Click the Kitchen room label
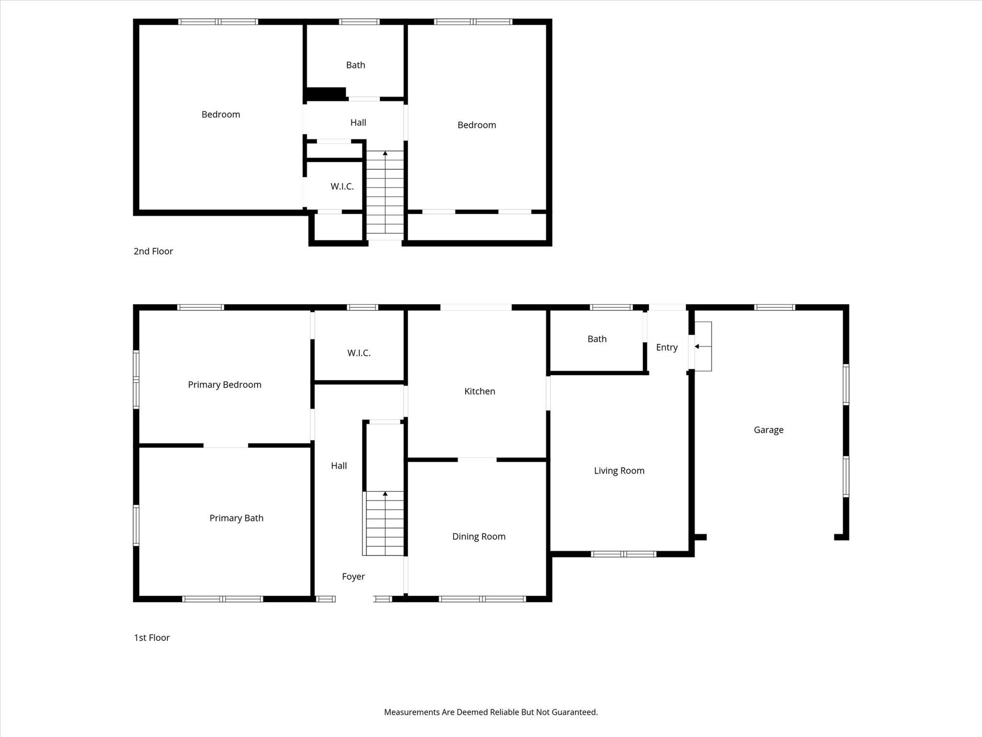(x=479, y=391)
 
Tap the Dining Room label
(x=479, y=536)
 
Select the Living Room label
(x=619, y=471)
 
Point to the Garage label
(x=768, y=430)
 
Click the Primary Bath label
(x=236, y=518)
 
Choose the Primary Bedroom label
(x=224, y=384)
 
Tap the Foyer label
(x=353, y=576)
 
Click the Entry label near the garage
(x=666, y=347)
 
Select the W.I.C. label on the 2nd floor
(x=342, y=186)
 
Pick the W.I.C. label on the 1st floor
(x=359, y=353)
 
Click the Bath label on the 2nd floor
(x=355, y=65)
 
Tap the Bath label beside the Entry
(x=597, y=339)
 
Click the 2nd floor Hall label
(x=358, y=122)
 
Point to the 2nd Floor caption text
(x=153, y=251)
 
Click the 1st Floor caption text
(x=152, y=637)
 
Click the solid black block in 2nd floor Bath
(x=326, y=93)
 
